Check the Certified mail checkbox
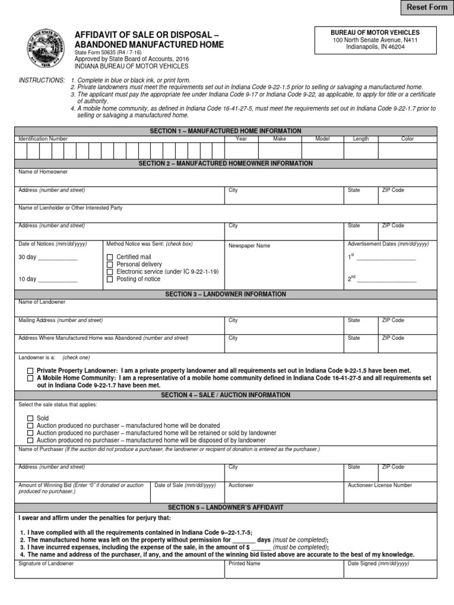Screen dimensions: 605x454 (109, 257)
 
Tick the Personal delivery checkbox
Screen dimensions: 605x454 (109, 264)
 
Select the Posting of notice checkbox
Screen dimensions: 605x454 (109, 279)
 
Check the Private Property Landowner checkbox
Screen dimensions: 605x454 (30, 370)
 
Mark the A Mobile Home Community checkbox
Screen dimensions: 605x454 (30, 378)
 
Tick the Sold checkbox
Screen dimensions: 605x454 (30, 418)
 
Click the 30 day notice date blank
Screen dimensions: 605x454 (57, 258)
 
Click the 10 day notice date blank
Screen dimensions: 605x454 (57, 279)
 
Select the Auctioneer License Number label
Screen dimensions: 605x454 (380, 485)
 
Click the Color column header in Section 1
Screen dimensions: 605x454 (407, 139)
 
